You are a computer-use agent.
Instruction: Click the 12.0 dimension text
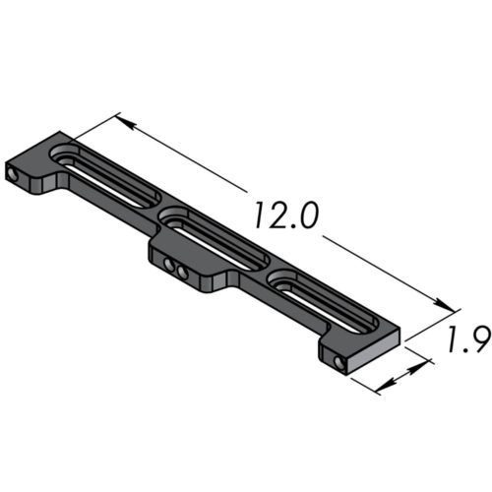point(283,215)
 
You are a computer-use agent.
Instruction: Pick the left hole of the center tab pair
point(168,265)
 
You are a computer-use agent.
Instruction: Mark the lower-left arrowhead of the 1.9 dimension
point(380,387)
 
